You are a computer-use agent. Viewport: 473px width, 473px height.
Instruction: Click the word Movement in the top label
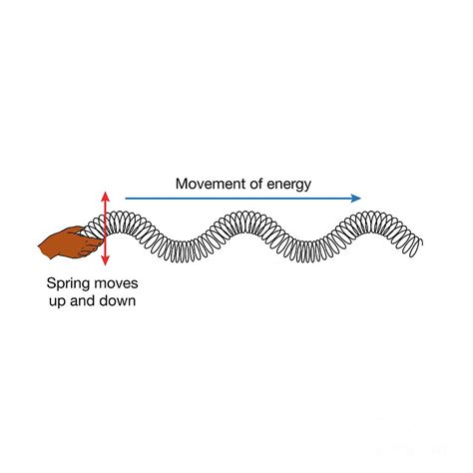point(213,184)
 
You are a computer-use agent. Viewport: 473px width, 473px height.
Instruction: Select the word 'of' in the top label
point(258,184)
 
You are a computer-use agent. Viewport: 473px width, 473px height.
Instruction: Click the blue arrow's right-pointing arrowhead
point(356,199)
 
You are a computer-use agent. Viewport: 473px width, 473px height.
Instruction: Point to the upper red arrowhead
point(105,196)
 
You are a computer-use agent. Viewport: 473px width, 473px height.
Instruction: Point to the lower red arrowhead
point(105,261)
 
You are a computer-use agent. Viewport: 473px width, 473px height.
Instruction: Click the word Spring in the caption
point(68,284)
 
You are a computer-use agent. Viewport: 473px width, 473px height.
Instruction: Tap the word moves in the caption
point(116,283)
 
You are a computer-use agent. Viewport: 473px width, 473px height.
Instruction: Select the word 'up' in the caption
point(58,302)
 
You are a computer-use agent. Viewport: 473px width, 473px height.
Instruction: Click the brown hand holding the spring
point(71,242)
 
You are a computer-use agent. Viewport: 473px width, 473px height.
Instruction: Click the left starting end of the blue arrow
point(126,199)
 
